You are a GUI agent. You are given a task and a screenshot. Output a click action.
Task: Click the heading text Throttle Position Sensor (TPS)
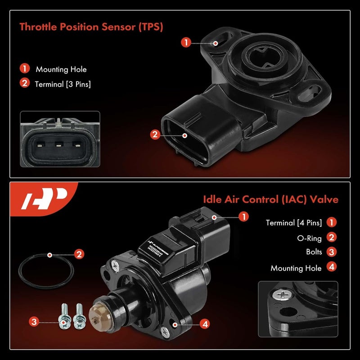91,27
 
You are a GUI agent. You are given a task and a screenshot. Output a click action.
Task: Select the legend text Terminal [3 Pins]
63,83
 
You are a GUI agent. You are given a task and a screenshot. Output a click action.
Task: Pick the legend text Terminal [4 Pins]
293,222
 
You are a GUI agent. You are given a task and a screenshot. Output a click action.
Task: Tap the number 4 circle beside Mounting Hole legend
332,267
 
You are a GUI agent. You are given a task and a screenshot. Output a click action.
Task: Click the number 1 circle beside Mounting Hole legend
24,69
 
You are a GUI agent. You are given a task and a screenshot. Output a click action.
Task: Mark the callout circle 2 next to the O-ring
79,254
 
